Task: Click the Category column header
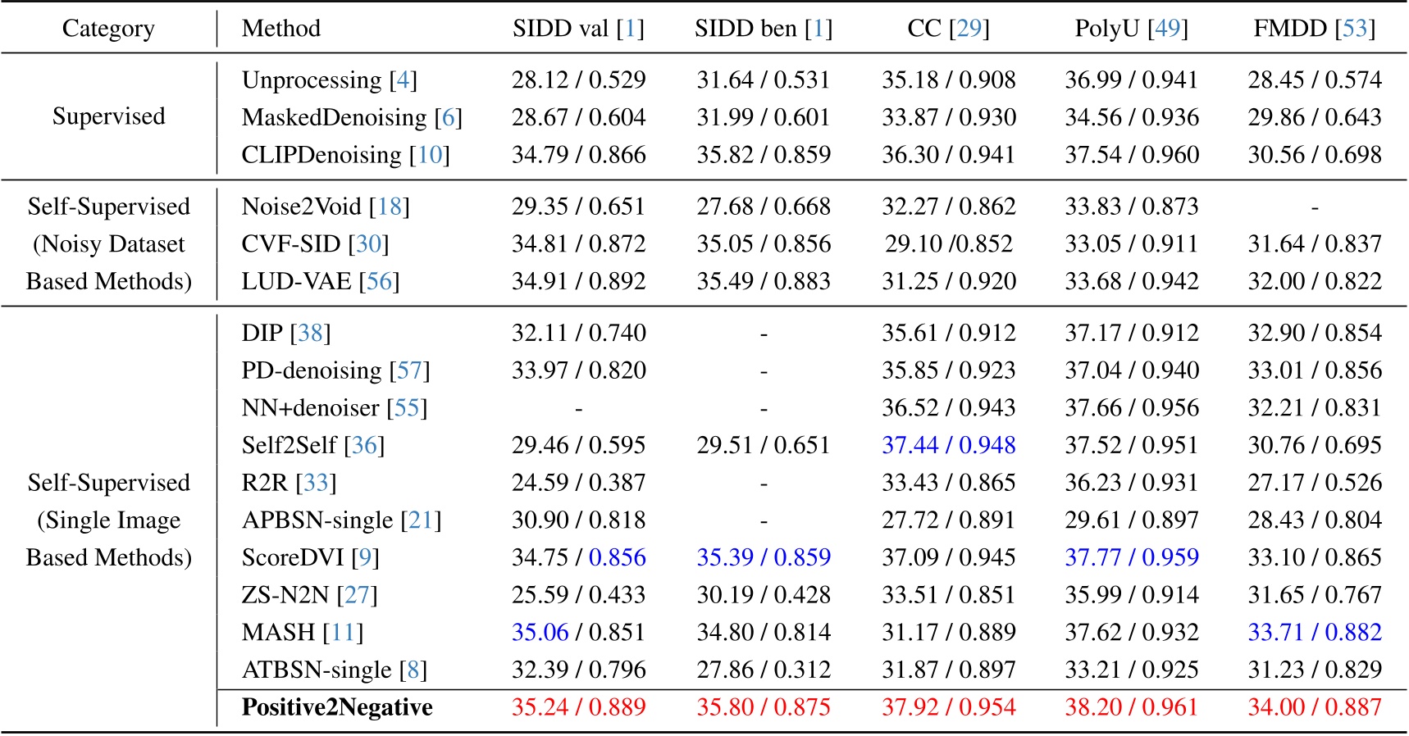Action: coord(108,29)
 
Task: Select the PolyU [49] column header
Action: coord(1131,29)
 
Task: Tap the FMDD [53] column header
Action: coord(1314,29)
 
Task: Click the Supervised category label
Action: coord(108,116)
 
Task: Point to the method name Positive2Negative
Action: coord(337,707)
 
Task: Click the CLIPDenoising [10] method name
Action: coord(345,155)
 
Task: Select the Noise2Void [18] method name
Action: coord(326,207)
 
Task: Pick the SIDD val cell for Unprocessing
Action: coord(578,80)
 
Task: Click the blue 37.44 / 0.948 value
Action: coord(948,445)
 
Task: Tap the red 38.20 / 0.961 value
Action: coord(1131,707)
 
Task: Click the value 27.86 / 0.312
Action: coord(763,670)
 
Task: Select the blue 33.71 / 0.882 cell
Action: coord(1314,632)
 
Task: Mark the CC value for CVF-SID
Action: coord(948,244)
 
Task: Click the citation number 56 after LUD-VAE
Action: coord(379,282)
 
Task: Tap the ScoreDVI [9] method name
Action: coord(310,557)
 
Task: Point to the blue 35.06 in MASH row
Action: coord(540,632)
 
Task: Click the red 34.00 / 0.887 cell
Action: coord(1314,707)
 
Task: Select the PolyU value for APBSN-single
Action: coord(1131,520)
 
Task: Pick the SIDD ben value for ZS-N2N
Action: coord(763,595)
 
